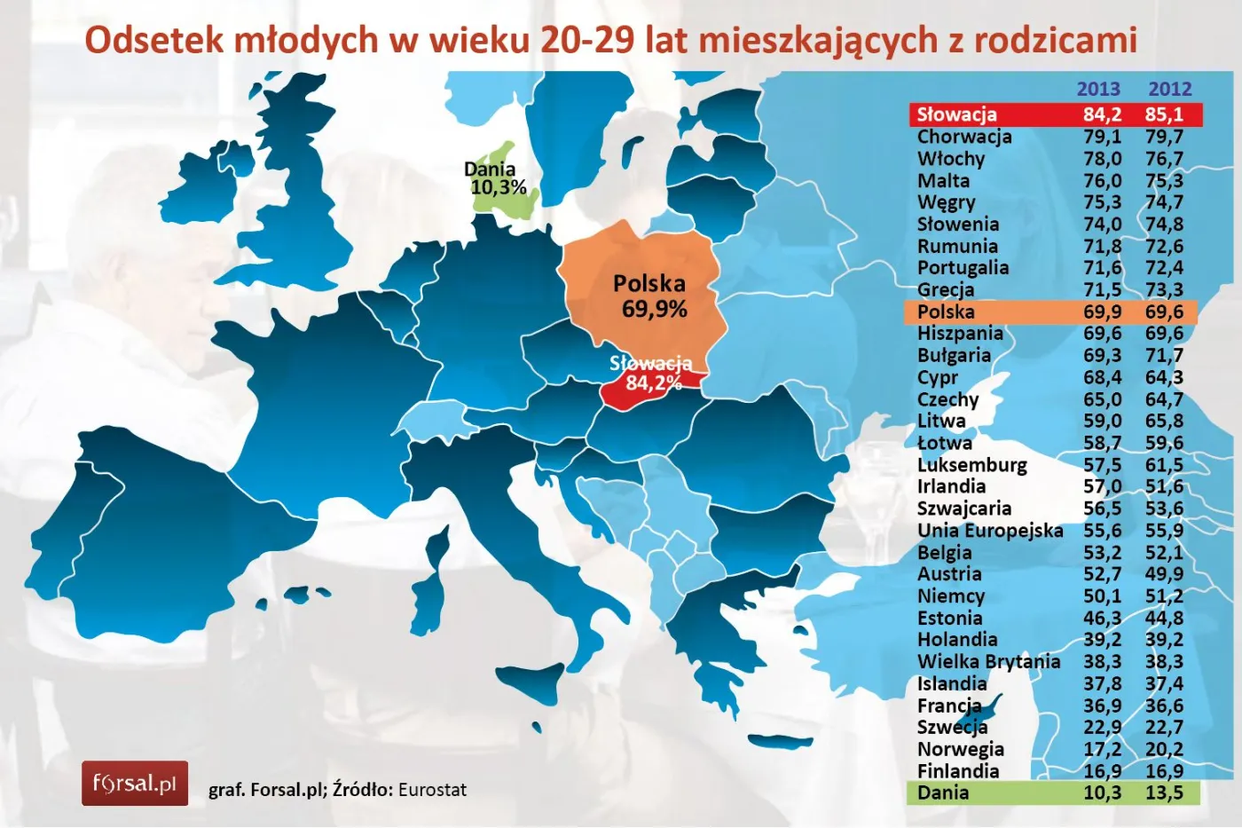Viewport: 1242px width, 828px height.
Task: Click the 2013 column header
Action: pyautogui.click(x=1098, y=89)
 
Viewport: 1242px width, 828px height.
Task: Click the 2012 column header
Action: pyautogui.click(x=1169, y=89)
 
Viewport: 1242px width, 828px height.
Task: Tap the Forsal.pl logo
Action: pyautogui.click(x=135, y=784)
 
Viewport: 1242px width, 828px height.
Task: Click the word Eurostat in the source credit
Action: pyautogui.click(x=432, y=790)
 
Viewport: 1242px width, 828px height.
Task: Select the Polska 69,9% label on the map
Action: pyautogui.click(x=651, y=296)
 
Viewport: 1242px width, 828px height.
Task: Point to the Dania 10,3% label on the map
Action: pyautogui.click(x=495, y=178)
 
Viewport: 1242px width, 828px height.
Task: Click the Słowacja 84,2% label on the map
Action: pyautogui.click(x=651, y=374)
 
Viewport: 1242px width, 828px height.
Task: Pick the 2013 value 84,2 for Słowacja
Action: pyautogui.click(x=1102, y=114)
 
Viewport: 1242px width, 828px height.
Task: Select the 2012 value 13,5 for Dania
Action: pyautogui.click(x=1164, y=793)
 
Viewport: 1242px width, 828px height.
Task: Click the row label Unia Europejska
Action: pyautogui.click(x=989, y=531)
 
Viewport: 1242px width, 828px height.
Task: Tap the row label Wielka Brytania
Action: pyautogui.click(x=988, y=662)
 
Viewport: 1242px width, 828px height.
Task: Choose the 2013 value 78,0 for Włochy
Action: pyautogui.click(x=1102, y=159)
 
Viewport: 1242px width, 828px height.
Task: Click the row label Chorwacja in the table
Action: pyautogui.click(x=963, y=137)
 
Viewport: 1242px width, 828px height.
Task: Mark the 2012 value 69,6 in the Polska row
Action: pyautogui.click(x=1164, y=311)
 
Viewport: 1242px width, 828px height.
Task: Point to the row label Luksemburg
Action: pyautogui.click(x=971, y=465)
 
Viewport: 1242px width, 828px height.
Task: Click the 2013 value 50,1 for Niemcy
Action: pyautogui.click(x=1102, y=596)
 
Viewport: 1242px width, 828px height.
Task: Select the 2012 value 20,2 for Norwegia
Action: pyautogui.click(x=1164, y=749)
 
